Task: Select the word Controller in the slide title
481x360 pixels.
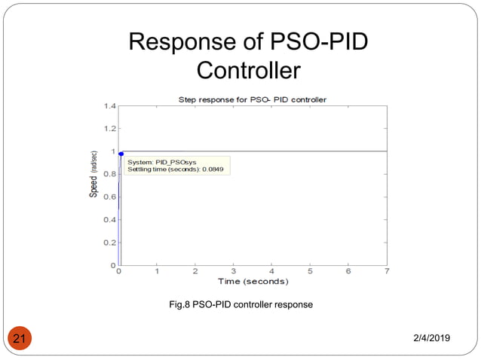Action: (248, 71)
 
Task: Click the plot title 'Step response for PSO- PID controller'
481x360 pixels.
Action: (251, 99)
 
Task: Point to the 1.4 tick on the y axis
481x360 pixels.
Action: (109, 106)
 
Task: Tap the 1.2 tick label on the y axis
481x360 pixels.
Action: (109, 129)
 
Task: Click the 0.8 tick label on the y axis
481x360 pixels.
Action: (109, 174)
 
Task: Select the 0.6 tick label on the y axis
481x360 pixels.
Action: (109, 197)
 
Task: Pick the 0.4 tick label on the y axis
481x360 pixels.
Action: (109, 220)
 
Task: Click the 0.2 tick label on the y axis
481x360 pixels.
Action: (109, 243)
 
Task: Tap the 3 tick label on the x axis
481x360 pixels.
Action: (234, 271)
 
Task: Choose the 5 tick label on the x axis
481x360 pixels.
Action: (310, 271)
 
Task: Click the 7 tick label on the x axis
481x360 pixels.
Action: (387, 271)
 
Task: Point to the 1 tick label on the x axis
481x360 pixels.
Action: (157, 271)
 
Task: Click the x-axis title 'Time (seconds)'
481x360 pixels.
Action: (253, 282)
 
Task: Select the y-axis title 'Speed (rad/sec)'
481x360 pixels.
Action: (94, 175)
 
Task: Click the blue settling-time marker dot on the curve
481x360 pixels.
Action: (121, 154)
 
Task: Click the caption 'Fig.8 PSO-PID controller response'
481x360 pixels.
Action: (240, 305)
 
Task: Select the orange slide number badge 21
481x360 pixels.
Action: (20, 340)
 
